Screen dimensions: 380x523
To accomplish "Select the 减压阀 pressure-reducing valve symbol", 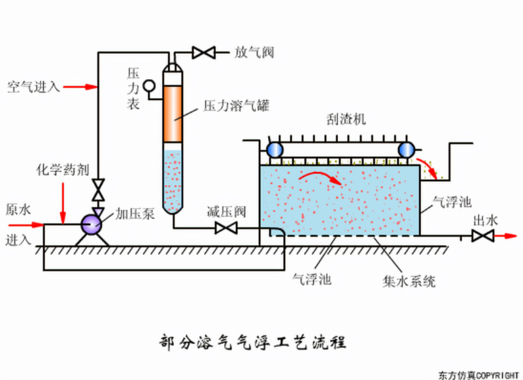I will pyautogui.click(x=226, y=228).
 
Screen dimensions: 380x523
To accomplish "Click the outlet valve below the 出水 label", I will pyautogui.click(x=482, y=236).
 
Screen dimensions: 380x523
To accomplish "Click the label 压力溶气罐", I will pyautogui.click(x=237, y=105).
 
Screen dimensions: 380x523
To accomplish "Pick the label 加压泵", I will pyautogui.click(x=135, y=213).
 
